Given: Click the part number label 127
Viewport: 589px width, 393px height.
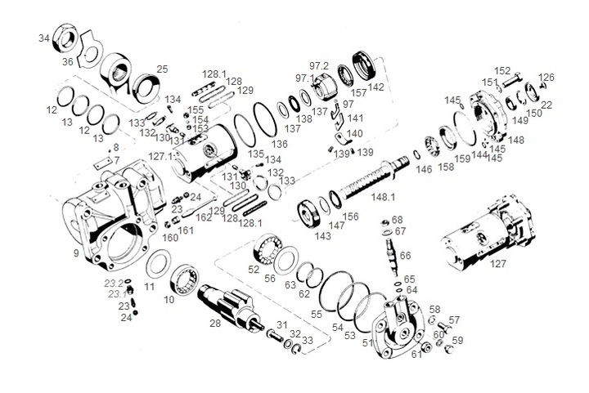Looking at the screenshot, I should (498, 264).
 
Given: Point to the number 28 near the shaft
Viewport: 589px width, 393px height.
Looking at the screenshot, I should (215, 324).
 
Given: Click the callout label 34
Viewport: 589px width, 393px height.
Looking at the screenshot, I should (43, 38).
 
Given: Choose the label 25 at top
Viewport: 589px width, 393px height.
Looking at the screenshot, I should (162, 69).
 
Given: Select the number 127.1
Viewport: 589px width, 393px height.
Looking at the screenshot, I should (160, 156).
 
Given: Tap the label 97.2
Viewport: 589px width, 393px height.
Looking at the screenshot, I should (319, 65).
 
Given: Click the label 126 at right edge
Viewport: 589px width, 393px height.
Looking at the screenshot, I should (546, 78).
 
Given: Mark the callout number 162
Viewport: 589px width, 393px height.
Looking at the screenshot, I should (203, 218).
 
